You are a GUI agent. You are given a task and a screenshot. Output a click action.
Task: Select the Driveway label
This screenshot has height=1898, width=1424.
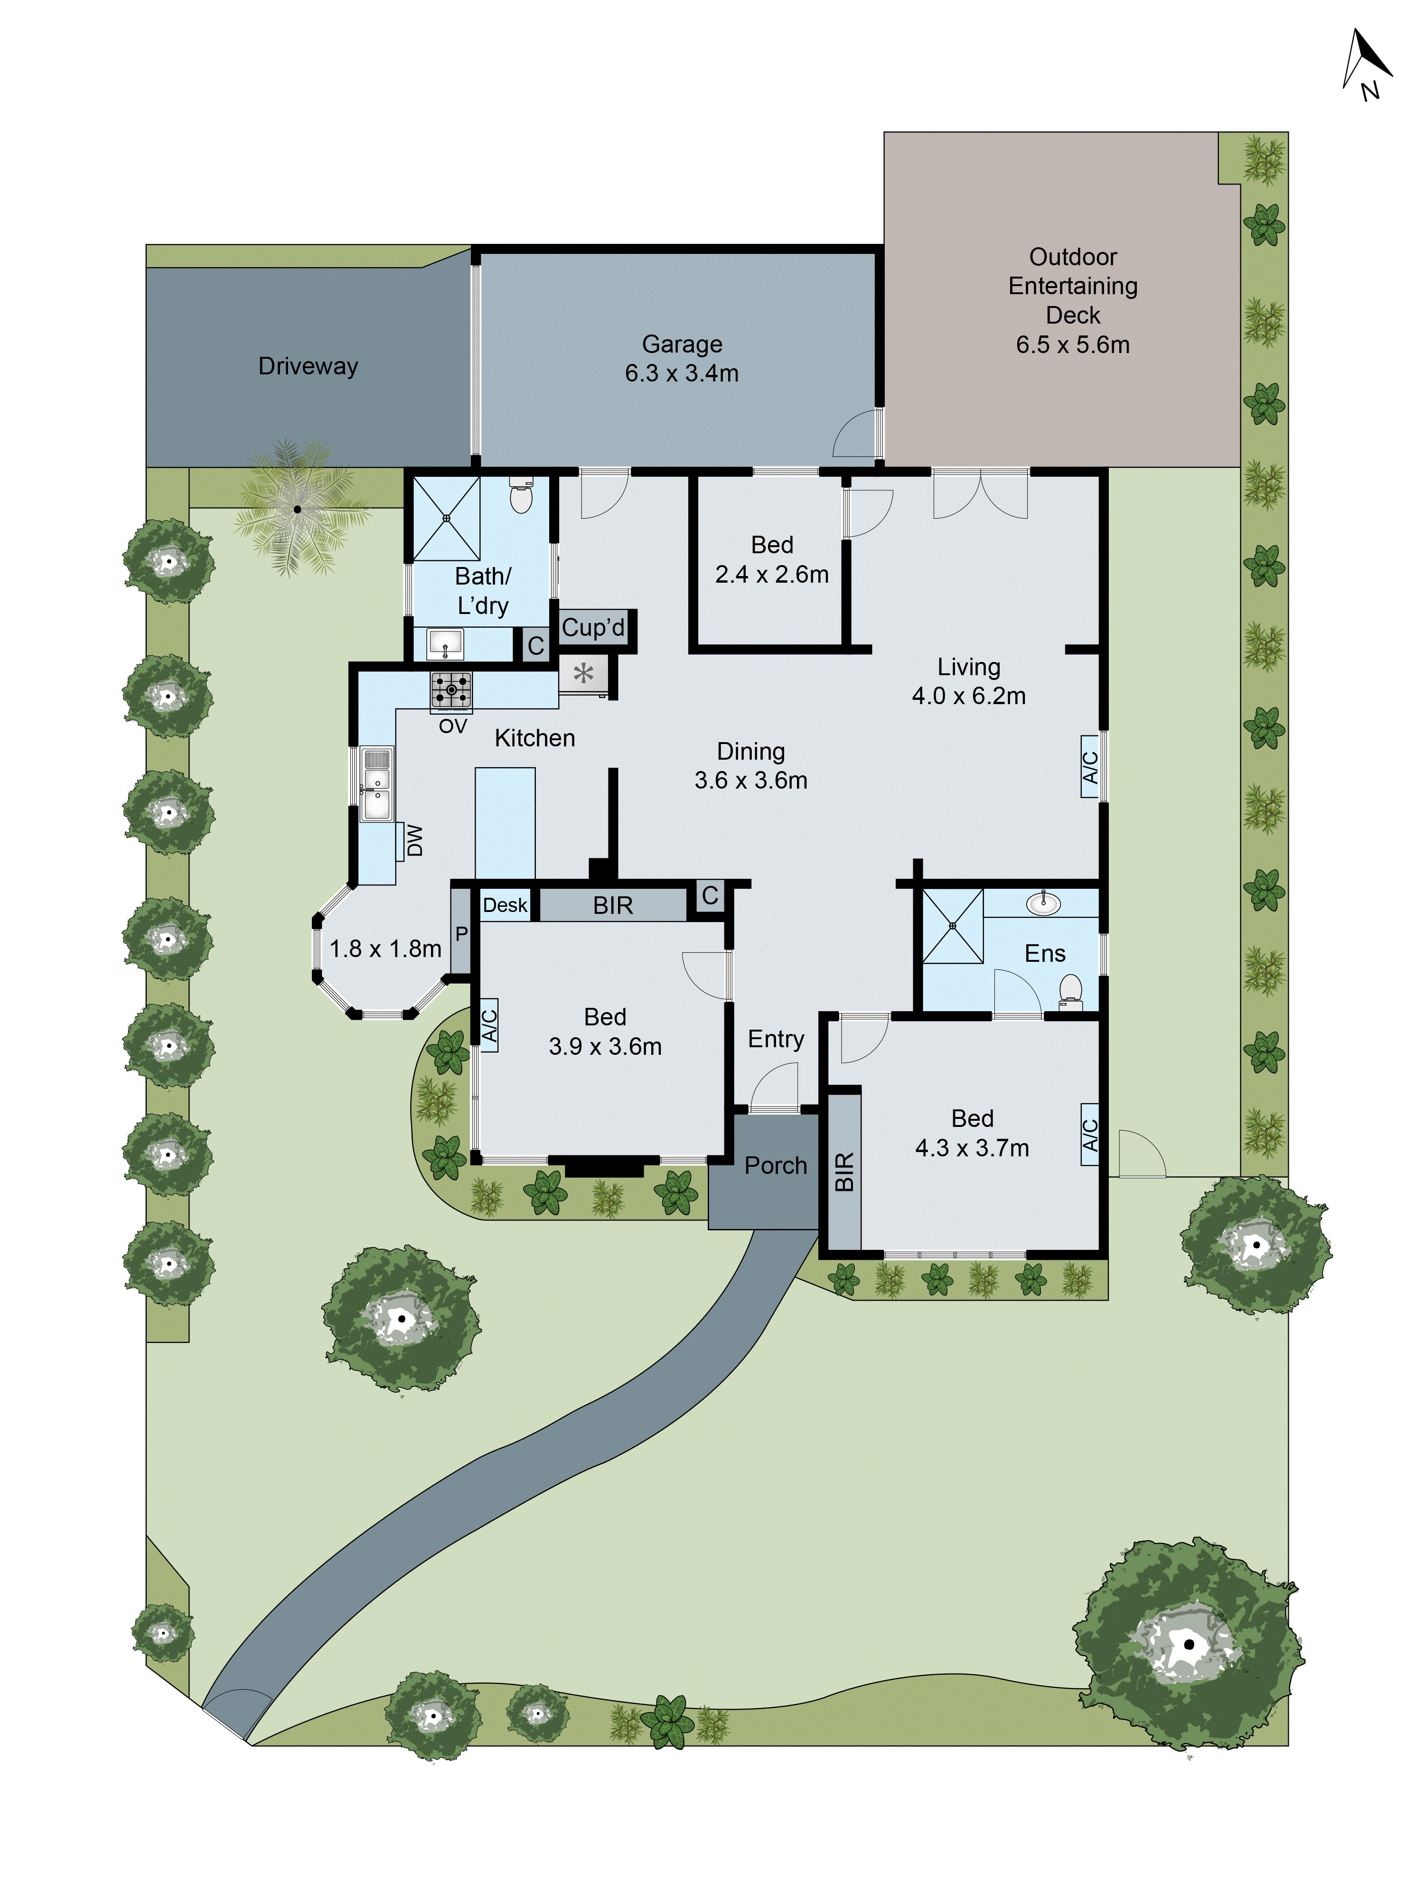(x=308, y=366)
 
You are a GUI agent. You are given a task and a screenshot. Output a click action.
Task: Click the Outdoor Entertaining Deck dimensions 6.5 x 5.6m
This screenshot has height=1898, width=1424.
(x=1072, y=345)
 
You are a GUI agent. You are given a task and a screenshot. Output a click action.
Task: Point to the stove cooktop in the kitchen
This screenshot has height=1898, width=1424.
(x=451, y=690)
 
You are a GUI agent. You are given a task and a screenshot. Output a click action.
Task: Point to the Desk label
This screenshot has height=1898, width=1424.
(x=505, y=905)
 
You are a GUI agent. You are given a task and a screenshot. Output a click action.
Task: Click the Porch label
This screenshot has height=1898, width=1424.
(x=775, y=1165)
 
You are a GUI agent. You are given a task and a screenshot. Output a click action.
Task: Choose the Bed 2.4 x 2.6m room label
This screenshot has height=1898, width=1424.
(x=772, y=559)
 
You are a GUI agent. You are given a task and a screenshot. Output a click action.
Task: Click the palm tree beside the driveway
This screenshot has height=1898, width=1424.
(x=297, y=509)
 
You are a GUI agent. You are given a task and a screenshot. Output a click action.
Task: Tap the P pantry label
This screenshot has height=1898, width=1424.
(x=461, y=933)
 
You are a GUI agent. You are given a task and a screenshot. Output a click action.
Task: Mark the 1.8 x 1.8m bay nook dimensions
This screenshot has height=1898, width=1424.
(x=385, y=949)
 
